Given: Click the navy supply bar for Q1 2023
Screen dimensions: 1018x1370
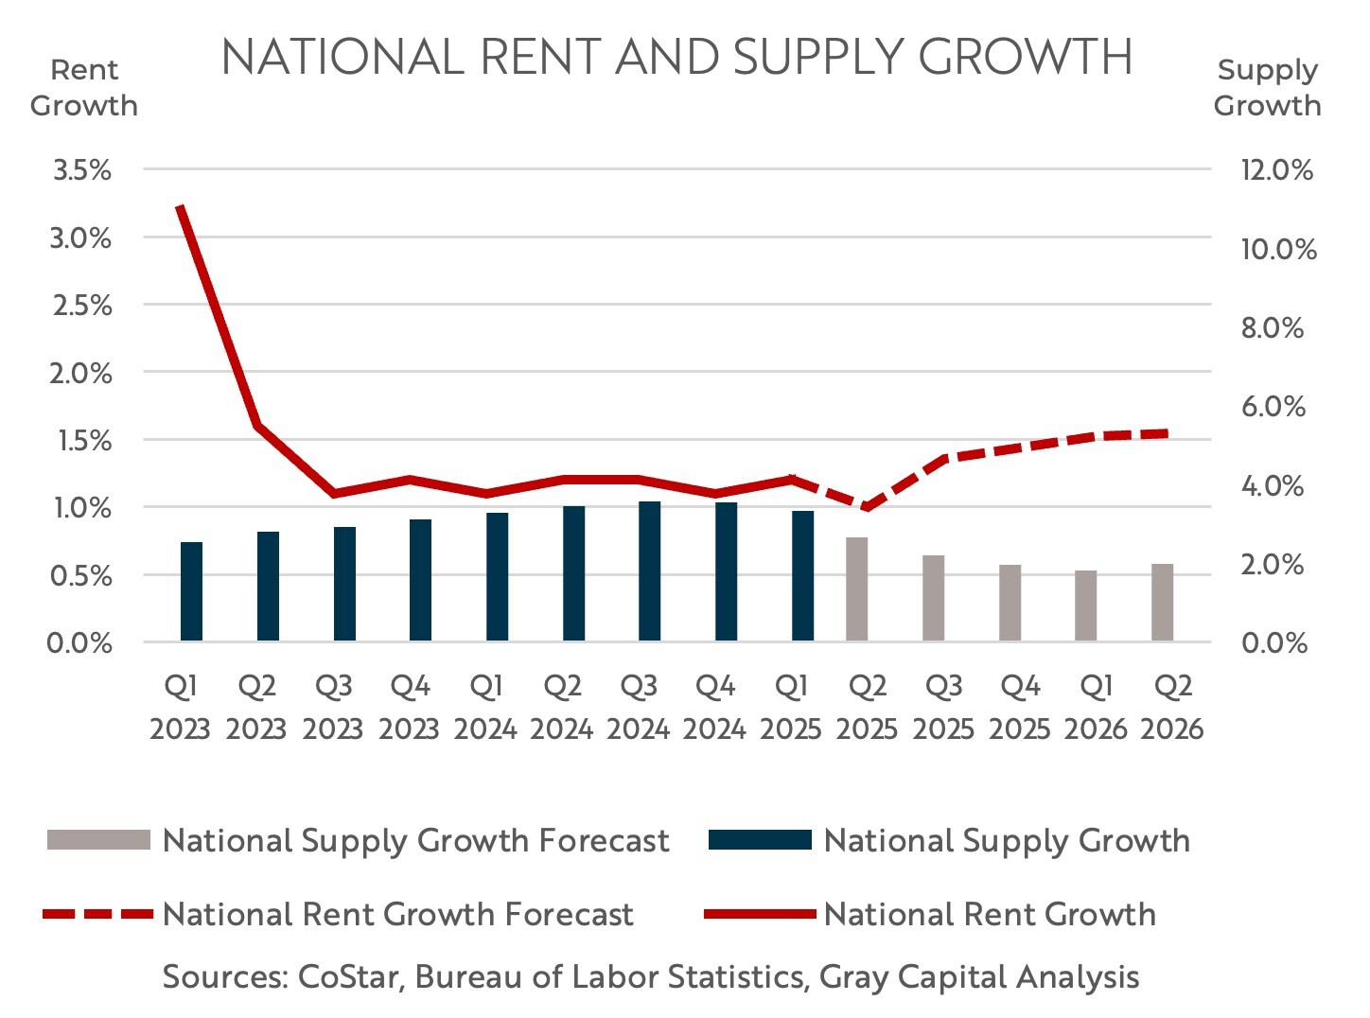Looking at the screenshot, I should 191,591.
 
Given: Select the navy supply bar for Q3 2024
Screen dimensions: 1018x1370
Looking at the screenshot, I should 649,571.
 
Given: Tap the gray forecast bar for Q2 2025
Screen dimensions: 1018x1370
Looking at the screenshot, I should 857,589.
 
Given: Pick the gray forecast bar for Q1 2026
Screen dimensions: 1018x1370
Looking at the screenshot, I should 1086,606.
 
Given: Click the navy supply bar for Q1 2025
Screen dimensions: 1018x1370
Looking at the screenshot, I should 802,576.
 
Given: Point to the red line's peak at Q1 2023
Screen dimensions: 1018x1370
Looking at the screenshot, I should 180,205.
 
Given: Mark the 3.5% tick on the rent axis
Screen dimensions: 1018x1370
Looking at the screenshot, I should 82,170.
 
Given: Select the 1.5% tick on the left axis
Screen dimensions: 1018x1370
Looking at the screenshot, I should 82,441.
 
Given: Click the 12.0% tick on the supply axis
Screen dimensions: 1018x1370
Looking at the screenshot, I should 1277,170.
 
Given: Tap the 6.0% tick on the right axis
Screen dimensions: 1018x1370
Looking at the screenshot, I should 1273,407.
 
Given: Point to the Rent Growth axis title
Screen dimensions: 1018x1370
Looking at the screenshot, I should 84,87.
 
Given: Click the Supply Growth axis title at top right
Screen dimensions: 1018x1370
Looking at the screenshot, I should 1267,87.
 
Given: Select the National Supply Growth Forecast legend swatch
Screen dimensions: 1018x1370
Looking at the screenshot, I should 98,840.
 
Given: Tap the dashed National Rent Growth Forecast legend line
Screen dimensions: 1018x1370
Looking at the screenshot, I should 98,914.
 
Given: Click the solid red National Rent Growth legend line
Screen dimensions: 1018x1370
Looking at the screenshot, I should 760,914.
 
